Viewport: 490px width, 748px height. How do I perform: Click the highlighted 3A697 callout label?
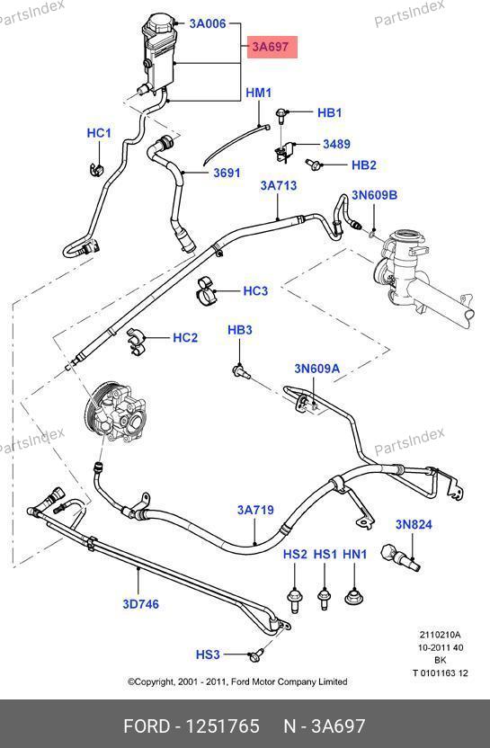(272, 47)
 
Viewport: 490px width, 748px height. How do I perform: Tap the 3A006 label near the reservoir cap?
(208, 23)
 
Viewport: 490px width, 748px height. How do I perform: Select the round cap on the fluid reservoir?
(161, 22)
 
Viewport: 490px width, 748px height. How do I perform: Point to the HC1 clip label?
(99, 133)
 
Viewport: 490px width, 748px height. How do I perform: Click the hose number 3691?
(227, 173)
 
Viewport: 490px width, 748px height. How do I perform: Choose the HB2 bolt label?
(364, 165)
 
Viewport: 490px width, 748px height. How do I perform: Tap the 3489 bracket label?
(337, 144)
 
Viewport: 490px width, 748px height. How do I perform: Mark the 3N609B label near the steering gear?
(375, 194)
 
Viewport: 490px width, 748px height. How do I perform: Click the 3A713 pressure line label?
(279, 185)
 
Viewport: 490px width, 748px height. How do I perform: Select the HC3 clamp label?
(255, 291)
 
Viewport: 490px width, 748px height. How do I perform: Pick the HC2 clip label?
(185, 338)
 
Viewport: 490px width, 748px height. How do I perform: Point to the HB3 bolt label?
(239, 330)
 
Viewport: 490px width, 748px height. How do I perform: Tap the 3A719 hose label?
(255, 510)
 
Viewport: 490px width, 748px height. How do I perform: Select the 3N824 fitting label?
(414, 524)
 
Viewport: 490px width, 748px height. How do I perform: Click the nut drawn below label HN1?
(354, 597)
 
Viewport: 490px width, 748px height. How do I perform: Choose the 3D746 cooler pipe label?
(141, 604)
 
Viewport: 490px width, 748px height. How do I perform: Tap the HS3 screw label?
(208, 654)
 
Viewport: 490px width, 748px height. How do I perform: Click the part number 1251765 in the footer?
(222, 726)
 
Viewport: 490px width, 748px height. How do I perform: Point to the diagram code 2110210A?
(440, 635)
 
